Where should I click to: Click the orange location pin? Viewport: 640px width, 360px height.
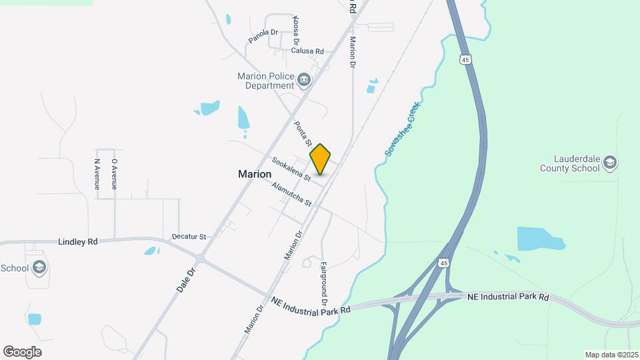coord(321,159)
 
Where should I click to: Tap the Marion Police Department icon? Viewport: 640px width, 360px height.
coord(304,81)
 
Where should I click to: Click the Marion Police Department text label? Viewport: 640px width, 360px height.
coord(266,81)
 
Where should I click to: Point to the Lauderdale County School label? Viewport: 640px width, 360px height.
coord(576,164)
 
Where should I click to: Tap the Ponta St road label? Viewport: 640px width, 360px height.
coord(303,133)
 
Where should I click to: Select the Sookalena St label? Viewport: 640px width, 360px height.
coord(291,169)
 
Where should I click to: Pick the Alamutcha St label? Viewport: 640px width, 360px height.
coord(291,193)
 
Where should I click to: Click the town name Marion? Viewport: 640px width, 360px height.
coord(255,174)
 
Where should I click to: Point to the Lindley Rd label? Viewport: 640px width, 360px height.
coord(78,241)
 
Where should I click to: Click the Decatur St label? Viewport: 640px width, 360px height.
coord(189,237)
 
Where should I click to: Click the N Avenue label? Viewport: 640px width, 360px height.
coord(97,173)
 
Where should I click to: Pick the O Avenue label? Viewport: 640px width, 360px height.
coord(114,173)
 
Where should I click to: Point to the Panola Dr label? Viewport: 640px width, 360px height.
coord(263,36)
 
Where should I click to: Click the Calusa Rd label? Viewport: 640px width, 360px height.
coord(307,51)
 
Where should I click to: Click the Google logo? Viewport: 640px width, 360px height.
coord(22,351)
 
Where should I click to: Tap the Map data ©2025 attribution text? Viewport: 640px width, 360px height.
coord(610,355)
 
